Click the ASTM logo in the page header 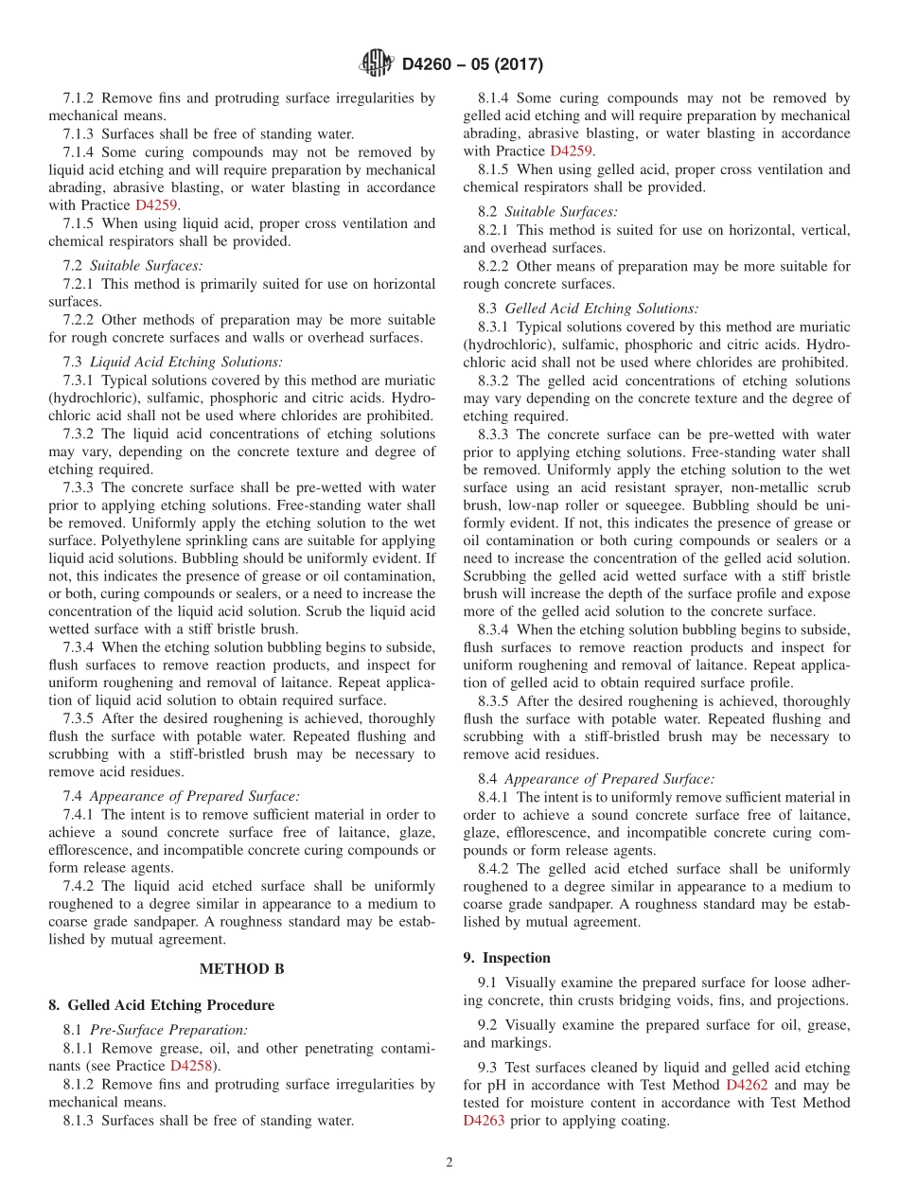tap(376, 64)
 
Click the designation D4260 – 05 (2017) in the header tap(472, 64)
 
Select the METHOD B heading tap(241, 968)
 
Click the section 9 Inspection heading tap(506, 958)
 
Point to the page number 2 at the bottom tap(449, 1162)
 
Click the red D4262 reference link tap(746, 1085)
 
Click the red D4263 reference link tap(484, 1121)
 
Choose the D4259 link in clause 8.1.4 tap(571, 151)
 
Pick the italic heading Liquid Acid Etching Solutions tap(185, 363)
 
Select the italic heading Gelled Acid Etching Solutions tap(602, 309)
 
